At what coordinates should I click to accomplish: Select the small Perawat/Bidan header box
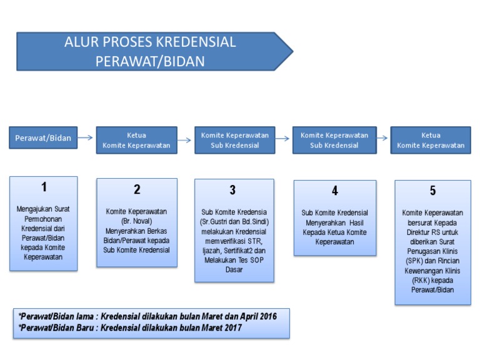click(x=43, y=137)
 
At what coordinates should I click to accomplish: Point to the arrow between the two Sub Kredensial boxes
click(x=284, y=137)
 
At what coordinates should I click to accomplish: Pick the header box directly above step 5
click(x=431, y=140)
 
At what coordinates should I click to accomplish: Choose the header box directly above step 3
click(x=234, y=140)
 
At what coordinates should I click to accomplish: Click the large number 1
click(x=44, y=186)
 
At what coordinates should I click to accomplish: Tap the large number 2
click(x=137, y=190)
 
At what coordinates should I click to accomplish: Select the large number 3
click(x=232, y=190)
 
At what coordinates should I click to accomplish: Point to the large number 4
click(x=335, y=191)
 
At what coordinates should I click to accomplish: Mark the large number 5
click(x=432, y=191)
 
